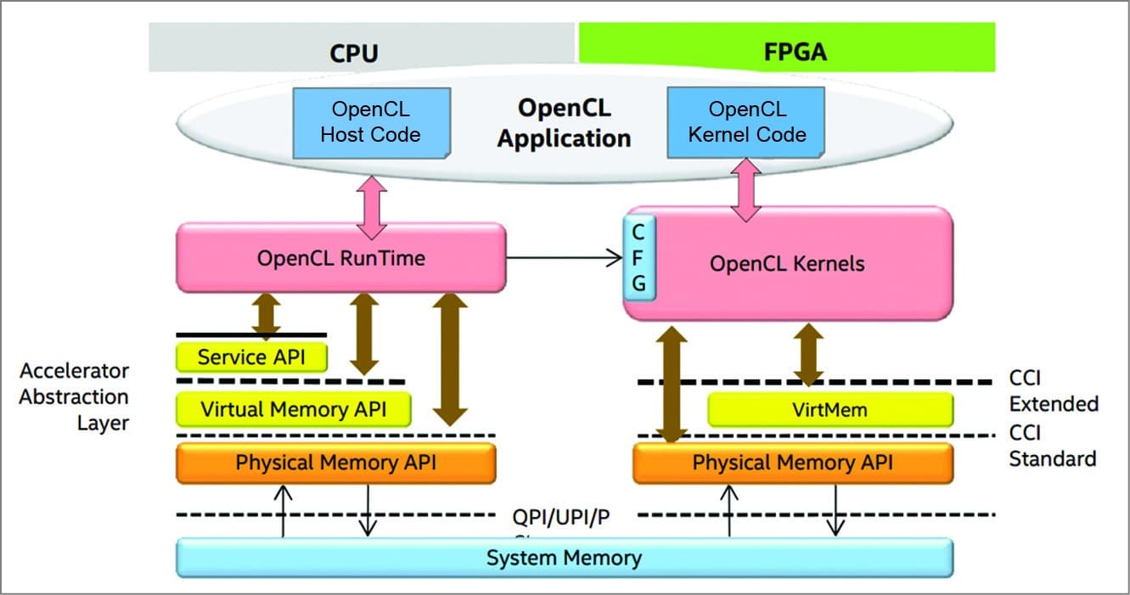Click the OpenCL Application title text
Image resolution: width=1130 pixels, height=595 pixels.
coord(564,123)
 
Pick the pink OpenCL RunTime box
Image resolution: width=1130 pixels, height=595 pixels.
coord(340,257)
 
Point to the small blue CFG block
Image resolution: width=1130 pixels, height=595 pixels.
coord(638,257)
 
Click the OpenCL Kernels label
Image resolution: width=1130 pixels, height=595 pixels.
coord(787,263)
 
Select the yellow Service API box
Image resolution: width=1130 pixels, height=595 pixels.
coord(251,356)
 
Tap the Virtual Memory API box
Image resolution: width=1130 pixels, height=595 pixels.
coord(293,409)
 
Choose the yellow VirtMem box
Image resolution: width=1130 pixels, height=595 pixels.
coord(829,410)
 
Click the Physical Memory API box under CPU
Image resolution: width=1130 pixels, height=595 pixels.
coord(335,463)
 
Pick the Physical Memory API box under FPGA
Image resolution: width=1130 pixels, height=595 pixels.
coord(793,463)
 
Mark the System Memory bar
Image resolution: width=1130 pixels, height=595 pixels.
coord(564,558)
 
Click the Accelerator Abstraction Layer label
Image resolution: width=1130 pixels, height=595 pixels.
coord(75,396)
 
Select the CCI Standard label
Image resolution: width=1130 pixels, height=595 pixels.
coord(1051,446)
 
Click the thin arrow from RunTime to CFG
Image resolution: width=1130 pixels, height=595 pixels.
coord(565,257)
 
